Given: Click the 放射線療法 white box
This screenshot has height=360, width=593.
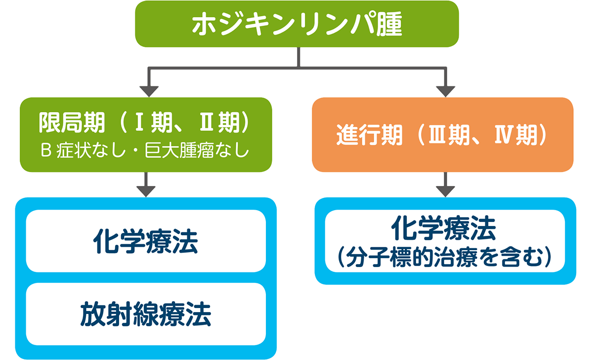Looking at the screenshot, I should pos(146,314).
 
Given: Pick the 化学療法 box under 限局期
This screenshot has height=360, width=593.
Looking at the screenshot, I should pos(146,241).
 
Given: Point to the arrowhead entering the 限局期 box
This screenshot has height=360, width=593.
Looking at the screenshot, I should pos(149,91).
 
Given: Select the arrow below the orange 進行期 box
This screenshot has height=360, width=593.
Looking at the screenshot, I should pos(445,185).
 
